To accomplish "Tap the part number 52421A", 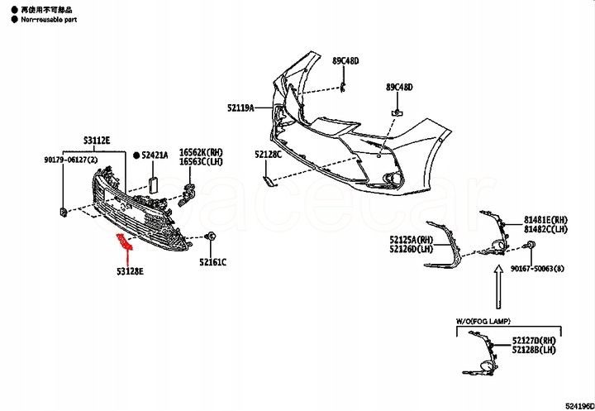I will pyautogui.click(x=155, y=155).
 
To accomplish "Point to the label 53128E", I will pyautogui.click(x=131, y=271).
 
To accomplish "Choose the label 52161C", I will pyautogui.click(x=212, y=262).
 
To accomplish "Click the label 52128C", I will pyautogui.click(x=268, y=155).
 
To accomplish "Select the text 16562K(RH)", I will pyautogui.click(x=202, y=153).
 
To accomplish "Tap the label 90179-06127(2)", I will pyautogui.click(x=71, y=160).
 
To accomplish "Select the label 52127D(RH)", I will pyautogui.click(x=535, y=340).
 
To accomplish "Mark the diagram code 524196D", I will pyautogui.click(x=578, y=405).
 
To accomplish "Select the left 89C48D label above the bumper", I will pyautogui.click(x=345, y=61).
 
